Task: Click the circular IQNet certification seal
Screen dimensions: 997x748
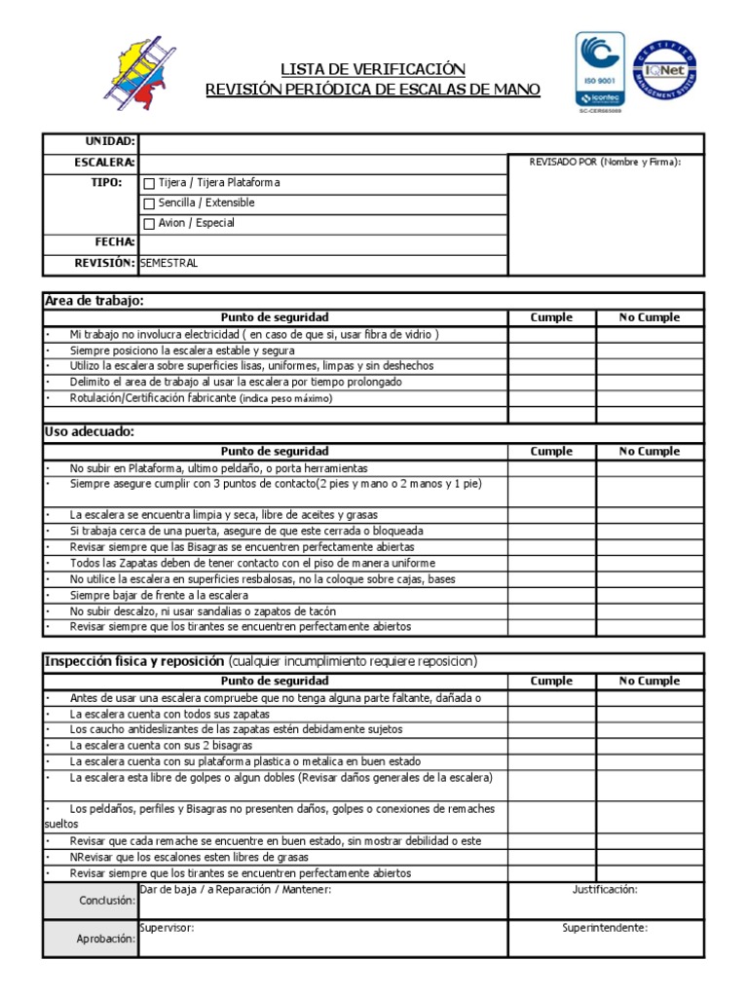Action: click(665, 70)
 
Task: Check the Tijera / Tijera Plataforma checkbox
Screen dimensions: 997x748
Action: click(149, 183)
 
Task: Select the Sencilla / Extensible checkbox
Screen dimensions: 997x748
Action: click(149, 203)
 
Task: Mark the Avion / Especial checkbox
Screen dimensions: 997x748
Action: click(149, 224)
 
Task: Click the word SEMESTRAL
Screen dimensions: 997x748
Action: click(169, 263)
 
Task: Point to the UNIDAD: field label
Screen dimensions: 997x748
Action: click(111, 142)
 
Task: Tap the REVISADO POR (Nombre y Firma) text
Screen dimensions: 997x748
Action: click(605, 162)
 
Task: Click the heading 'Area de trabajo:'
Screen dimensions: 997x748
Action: click(94, 301)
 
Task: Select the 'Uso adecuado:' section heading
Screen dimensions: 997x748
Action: click(90, 431)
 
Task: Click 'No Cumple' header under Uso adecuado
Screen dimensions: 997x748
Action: click(650, 452)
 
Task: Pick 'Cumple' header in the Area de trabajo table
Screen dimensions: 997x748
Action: click(551, 317)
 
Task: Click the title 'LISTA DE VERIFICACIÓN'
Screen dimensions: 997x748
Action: click(373, 69)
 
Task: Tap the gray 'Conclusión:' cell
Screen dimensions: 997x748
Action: click(91, 902)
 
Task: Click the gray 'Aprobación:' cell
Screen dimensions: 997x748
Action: click(91, 939)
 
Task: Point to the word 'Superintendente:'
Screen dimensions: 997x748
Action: click(605, 928)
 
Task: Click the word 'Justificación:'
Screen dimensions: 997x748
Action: click(605, 890)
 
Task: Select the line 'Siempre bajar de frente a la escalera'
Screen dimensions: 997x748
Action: click(159, 595)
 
